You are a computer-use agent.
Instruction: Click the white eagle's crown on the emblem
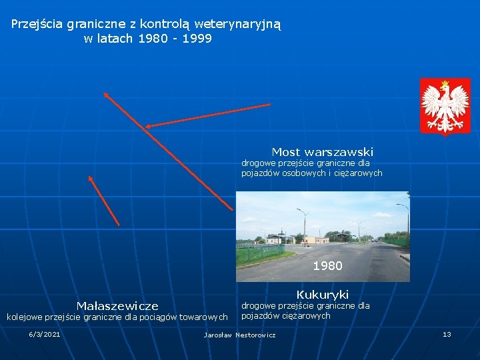pos(445,85)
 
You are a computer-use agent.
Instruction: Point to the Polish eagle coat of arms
pos(445,105)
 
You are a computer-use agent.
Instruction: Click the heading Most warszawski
pos(322,152)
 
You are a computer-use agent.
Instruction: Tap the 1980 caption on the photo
pos(327,266)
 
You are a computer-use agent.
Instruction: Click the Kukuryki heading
pos(323,295)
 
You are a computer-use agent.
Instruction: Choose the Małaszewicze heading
pos(117,306)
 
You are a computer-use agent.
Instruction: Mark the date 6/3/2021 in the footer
pos(44,334)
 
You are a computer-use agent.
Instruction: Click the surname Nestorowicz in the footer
pos(255,335)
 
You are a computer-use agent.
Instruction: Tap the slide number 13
pos(447,334)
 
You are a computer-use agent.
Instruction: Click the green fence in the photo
pos(260,253)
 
